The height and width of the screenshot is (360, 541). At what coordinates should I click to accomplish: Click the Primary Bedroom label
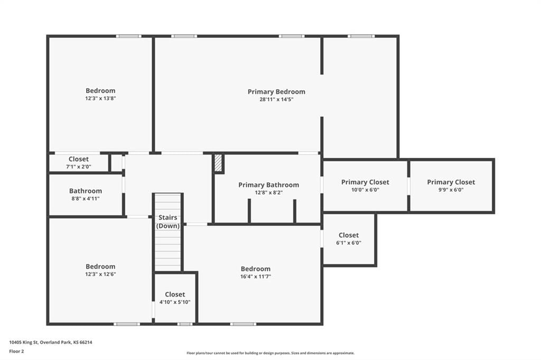pos(276,92)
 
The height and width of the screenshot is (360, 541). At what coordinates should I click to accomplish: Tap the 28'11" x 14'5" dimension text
pos(276,100)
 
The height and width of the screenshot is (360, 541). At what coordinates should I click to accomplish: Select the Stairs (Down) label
pos(167,222)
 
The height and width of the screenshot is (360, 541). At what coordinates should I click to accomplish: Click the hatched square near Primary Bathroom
pos(218,163)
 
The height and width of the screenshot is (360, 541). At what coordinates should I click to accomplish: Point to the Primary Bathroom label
pos(269,185)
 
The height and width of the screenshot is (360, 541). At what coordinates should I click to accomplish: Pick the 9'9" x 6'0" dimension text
pos(451,190)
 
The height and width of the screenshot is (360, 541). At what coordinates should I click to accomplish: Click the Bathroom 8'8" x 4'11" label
pos(86,194)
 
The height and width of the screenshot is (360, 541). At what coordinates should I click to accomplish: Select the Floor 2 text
pos(16,352)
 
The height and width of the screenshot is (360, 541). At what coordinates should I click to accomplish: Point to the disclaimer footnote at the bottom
pos(270,353)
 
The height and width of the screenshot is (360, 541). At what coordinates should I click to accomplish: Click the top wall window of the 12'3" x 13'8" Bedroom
pos(128,36)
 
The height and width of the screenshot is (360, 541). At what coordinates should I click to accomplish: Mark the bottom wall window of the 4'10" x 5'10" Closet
pos(185,324)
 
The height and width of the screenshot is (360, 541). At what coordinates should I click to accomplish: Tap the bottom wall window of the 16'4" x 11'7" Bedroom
pos(243,324)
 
